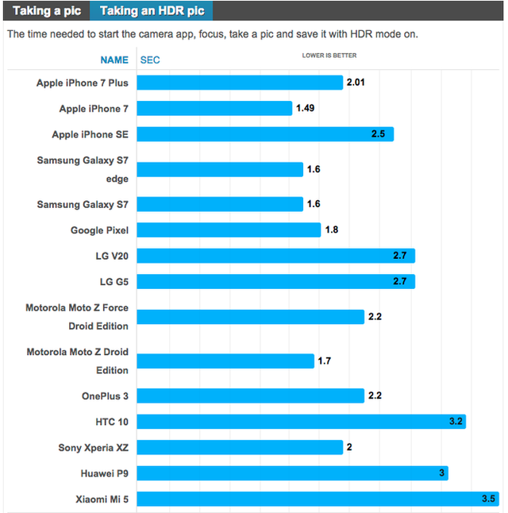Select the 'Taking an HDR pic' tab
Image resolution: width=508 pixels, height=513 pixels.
(x=152, y=10)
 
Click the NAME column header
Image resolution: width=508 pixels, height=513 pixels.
(x=114, y=60)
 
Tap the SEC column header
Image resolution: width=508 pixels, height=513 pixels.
(x=150, y=60)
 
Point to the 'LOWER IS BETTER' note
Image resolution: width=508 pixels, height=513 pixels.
(x=329, y=56)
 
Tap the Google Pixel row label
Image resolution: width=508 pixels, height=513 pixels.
(x=99, y=229)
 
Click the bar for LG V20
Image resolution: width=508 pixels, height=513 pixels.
(x=277, y=256)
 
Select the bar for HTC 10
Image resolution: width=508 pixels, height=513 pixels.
(x=302, y=421)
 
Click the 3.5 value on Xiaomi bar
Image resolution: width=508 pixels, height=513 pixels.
(x=488, y=499)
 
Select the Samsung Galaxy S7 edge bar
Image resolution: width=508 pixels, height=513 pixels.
(x=221, y=169)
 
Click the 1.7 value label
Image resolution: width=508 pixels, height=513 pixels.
(x=324, y=361)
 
